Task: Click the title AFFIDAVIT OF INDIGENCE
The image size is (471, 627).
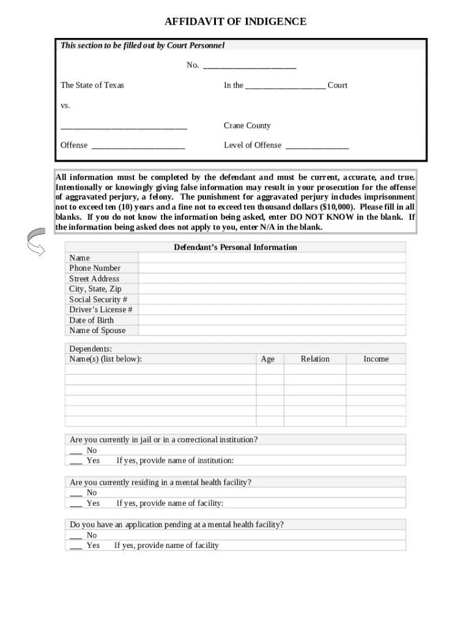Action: pos(236,22)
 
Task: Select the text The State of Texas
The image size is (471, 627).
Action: pos(92,85)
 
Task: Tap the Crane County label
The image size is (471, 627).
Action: pos(247,126)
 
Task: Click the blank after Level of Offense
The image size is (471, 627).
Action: pos(317,146)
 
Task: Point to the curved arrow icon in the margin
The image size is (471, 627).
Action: pos(35,242)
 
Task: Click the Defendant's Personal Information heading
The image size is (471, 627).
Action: pos(236,247)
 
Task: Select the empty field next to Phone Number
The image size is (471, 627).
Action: pos(272,268)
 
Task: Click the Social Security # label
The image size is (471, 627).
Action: pos(98,299)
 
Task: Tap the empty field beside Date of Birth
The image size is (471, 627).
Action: pos(272,320)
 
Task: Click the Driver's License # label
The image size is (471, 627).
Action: pos(101,310)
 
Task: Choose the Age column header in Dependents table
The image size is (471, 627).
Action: pos(268,359)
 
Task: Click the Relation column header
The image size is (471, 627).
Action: pos(315,359)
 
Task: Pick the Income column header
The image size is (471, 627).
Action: pos(376,359)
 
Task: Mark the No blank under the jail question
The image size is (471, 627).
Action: pos(76,451)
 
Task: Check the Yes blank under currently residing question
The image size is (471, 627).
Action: pos(76,504)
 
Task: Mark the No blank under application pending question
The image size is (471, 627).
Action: pos(76,536)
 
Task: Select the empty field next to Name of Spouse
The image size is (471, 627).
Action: pos(272,331)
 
